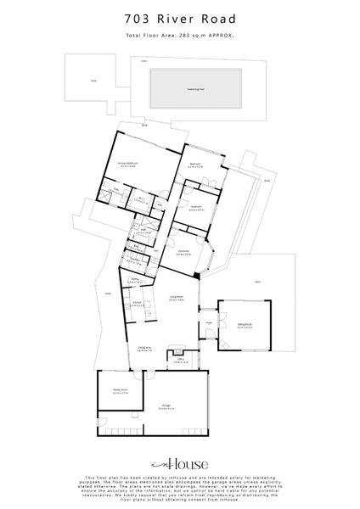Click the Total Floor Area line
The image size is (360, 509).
(x=180, y=36)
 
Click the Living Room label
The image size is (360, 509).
(x=177, y=298)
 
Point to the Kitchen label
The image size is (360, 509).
(x=136, y=303)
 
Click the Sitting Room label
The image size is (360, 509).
(x=245, y=325)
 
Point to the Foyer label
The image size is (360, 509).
(x=208, y=323)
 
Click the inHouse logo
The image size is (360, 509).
(x=180, y=465)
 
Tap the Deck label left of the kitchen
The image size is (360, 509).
(x=108, y=294)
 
